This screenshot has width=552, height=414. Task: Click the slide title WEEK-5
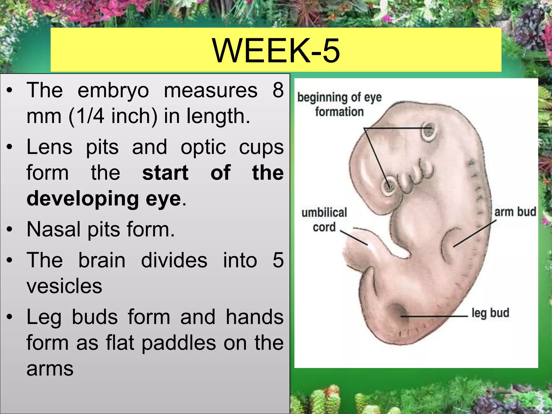[276, 50]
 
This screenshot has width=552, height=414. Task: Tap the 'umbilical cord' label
[324, 220]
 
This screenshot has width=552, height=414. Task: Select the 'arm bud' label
[515, 212]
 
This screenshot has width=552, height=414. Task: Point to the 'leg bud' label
[490, 313]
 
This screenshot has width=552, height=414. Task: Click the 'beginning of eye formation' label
[339, 105]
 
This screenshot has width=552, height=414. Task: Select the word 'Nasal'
[53, 229]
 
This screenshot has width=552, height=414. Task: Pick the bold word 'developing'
[82, 199]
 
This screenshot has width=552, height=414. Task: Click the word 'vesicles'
[64, 286]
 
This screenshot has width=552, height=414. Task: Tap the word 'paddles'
[179, 343]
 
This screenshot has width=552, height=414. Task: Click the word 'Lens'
[50, 147]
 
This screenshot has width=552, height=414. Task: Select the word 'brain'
[102, 260]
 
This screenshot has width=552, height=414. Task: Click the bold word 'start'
[165, 173]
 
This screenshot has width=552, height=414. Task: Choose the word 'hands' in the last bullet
[254, 317]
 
